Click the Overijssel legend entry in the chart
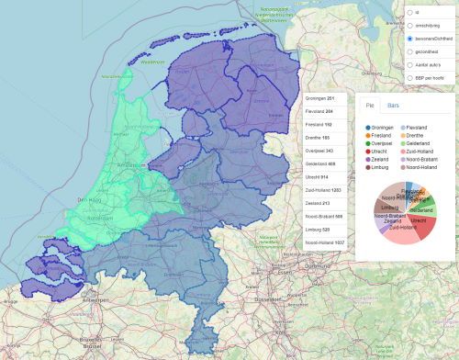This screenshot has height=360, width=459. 384,143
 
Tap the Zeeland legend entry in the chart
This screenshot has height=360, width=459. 383,160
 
